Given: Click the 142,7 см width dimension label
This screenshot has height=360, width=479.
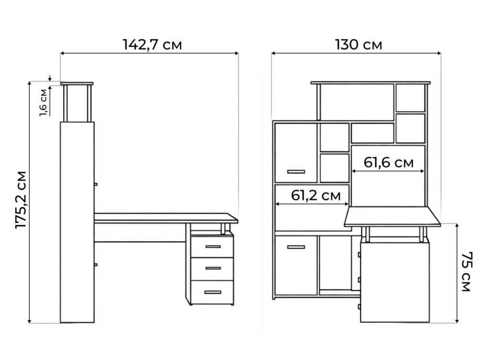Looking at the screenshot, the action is pyautogui.click(x=152, y=45).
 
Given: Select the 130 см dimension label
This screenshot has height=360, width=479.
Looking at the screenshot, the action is pyautogui.click(x=358, y=45).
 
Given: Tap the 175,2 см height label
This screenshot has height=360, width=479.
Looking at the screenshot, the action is pyautogui.click(x=21, y=200).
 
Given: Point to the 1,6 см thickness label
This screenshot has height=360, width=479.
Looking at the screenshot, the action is pyautogui.click(x=43, y=103).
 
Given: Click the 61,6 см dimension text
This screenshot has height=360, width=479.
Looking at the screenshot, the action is pyautogui.click(x=389, y=163).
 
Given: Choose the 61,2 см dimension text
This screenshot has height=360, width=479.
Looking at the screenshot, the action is pyautogui.click(x=316, y=195).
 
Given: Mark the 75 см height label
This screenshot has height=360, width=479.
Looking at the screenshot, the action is pyautogui.click(x=467, y=272).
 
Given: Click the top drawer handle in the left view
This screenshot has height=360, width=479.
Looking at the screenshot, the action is pyautogui.click(x=213, y=247).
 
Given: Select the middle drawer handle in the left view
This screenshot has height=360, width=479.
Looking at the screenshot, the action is pyautogui.click(x=213, y=268).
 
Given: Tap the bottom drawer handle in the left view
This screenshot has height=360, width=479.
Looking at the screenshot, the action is pyautogui.click(x=213, y=292).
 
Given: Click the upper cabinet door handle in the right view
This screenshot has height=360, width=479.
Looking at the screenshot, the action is pyautogui.click(x=296, y=171).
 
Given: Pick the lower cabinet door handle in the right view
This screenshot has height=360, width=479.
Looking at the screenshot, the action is pyautogui.click(x=296, y=247).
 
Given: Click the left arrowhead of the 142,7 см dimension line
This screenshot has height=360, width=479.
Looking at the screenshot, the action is pyautogui.click(x=62, y=53).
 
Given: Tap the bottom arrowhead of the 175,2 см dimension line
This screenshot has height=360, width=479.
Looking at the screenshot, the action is pyautogui.click(x=29, y=321).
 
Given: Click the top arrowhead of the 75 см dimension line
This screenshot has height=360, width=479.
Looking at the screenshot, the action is pyautogui.click(x=457, y=226).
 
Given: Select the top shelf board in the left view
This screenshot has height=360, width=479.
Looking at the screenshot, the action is pyautogui.click(x=77, y=84).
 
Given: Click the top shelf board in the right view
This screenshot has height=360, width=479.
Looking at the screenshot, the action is pyautogui.click(x=371, y=83).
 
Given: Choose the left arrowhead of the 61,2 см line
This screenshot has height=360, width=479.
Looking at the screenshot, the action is pyautogui.click(x=278, y=204).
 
